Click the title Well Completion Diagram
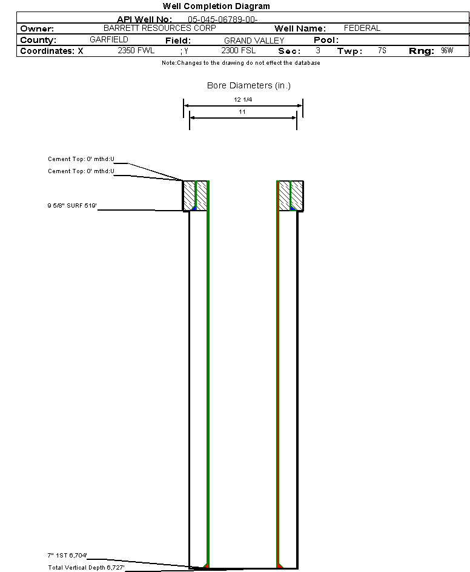click(216, 6)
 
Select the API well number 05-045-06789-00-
click(223, 19)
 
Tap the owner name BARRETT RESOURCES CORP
click(160, 28)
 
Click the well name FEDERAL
click(362, 28)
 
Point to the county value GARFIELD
click(109, 39)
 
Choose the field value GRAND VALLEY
click(254, 41)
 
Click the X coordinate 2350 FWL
click(136, 50)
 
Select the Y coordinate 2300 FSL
click(238, 50)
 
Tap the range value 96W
click(447, 50)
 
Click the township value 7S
click(382, 50)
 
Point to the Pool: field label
click(326, 40)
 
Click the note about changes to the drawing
click(241, 63)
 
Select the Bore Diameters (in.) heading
click(249, 85)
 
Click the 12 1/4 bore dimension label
click(243, 100)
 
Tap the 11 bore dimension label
click(242, 112)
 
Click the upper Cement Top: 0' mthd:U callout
click(81, 159)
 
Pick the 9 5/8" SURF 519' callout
click(72, 206)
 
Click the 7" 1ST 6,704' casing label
click(67, 556)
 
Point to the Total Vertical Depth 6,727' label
click(86, 568)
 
